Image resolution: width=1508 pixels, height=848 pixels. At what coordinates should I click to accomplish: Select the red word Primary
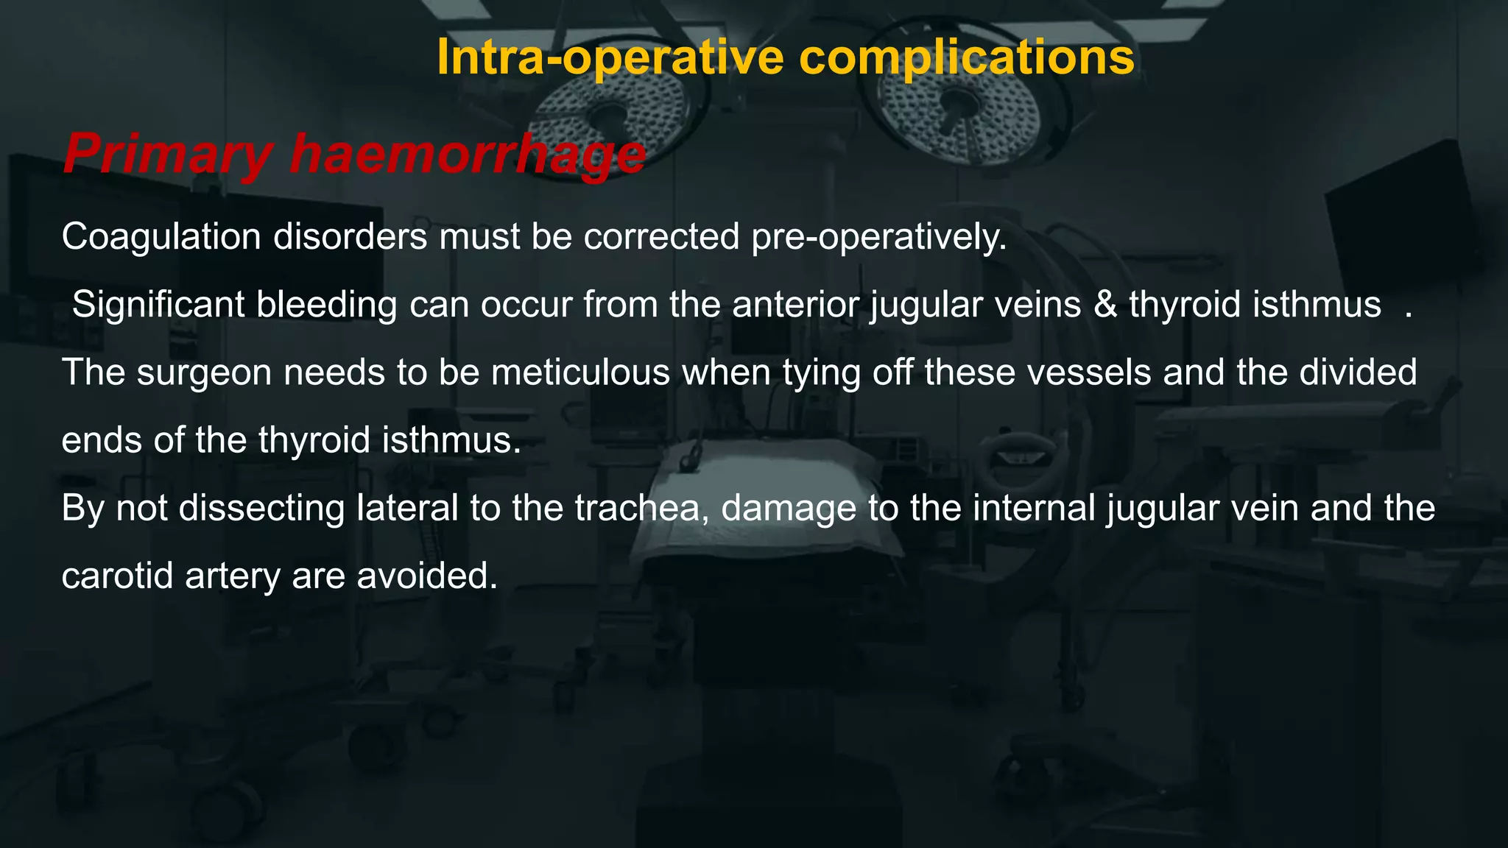[168, 154]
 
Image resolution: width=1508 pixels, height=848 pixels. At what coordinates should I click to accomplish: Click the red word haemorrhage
[468, 154]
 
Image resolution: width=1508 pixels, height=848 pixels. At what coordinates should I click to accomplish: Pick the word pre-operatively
[878, 237]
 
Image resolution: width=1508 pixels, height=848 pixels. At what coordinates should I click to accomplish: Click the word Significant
[158, 305]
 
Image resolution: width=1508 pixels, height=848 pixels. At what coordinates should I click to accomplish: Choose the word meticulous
[580, 372]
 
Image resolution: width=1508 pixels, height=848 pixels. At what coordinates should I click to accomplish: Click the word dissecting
[261, 508]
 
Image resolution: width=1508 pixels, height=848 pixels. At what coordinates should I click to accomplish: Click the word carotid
[117, 576]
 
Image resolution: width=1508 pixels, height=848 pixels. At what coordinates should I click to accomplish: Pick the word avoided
[427, 576]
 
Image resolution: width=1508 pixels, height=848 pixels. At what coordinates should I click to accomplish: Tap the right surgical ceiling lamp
[957, 110]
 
